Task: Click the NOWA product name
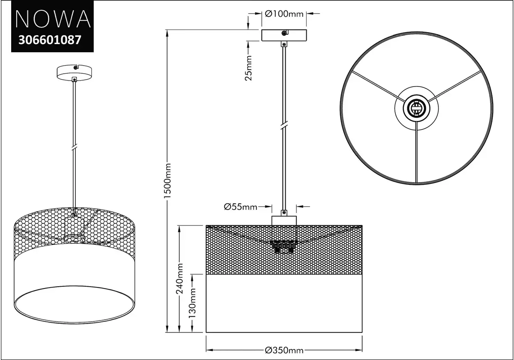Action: (x=53, y=19)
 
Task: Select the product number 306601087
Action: (x=50, y=40)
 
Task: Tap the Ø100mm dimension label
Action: (x=284, y=14)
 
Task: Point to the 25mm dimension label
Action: (x=248, y=68)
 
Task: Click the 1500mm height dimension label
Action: (x=167, y=181)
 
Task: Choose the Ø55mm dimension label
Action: (x=240, y=207)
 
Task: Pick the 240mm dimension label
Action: (x=179, y=279)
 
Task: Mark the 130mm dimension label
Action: (x=192, y=303)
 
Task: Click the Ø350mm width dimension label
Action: (x=284, y=351)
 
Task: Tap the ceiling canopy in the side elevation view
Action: (x=284, y=35)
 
